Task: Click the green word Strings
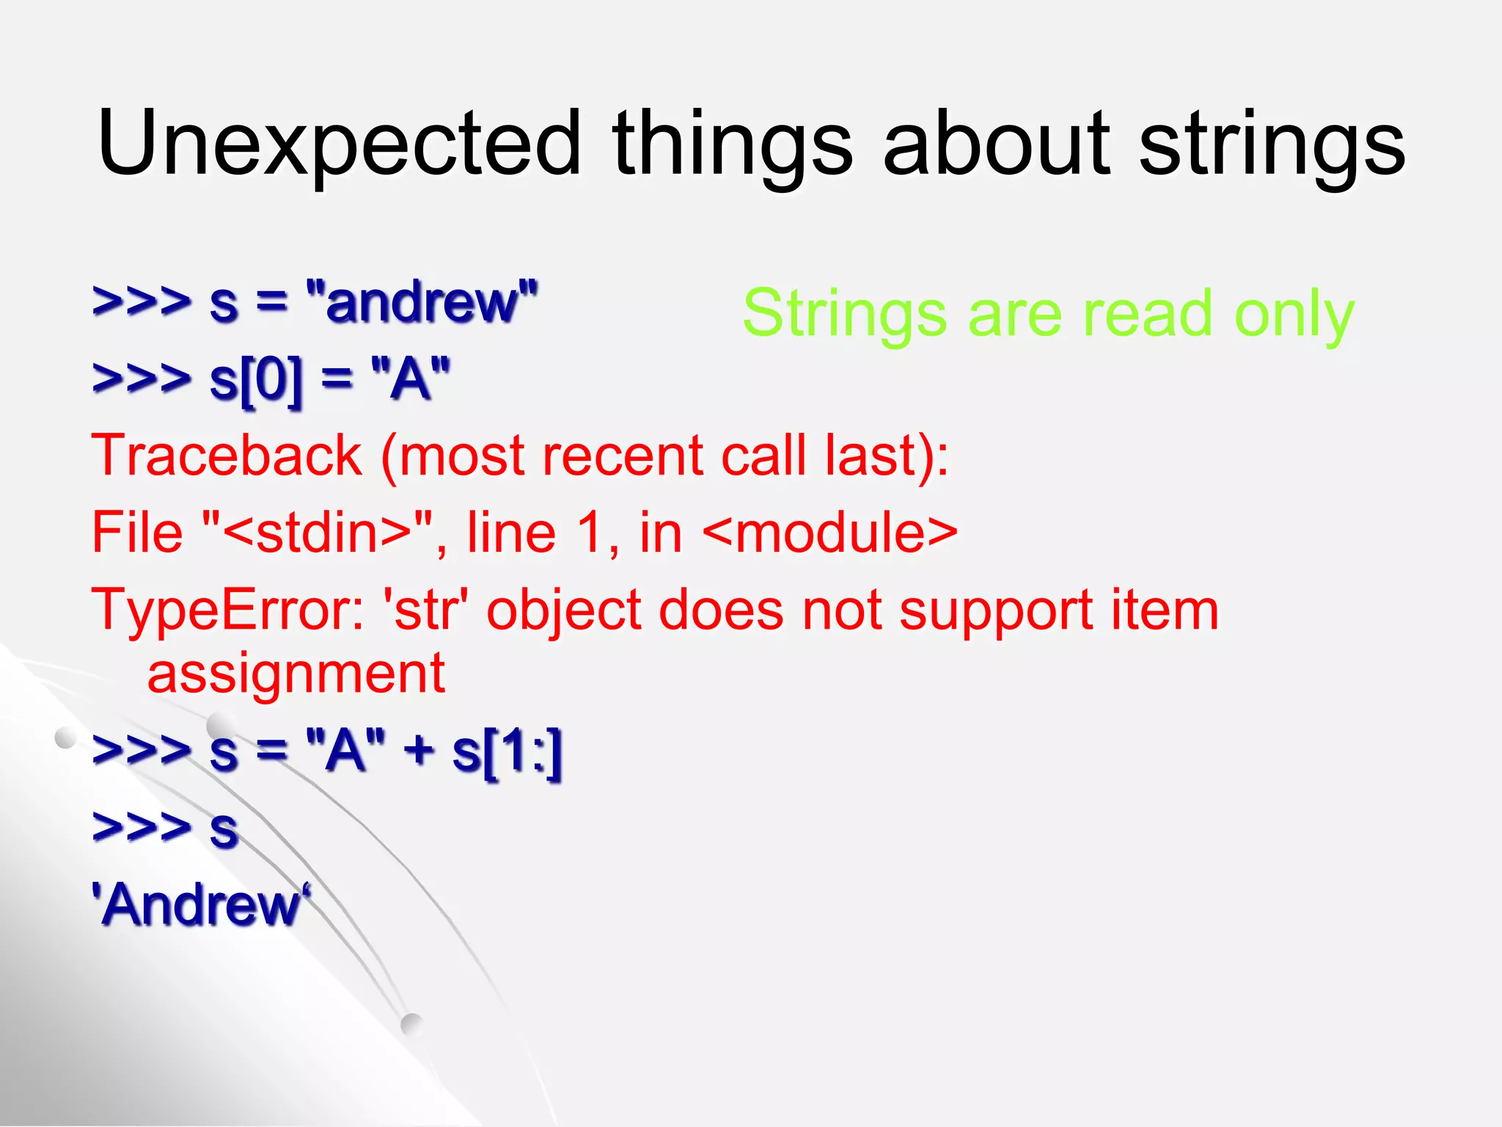point(844,314)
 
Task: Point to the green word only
point(1294,314)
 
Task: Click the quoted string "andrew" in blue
point(422,302)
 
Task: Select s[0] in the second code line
point(255,379)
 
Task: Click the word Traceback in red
point(227,456)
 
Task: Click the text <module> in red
point(829,533)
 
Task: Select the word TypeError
point(227,610)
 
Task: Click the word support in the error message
point(996,610)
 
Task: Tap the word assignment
point(296,674)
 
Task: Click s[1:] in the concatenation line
point(507,751)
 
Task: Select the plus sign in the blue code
point(419,751)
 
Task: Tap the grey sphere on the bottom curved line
point(411,1024)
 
